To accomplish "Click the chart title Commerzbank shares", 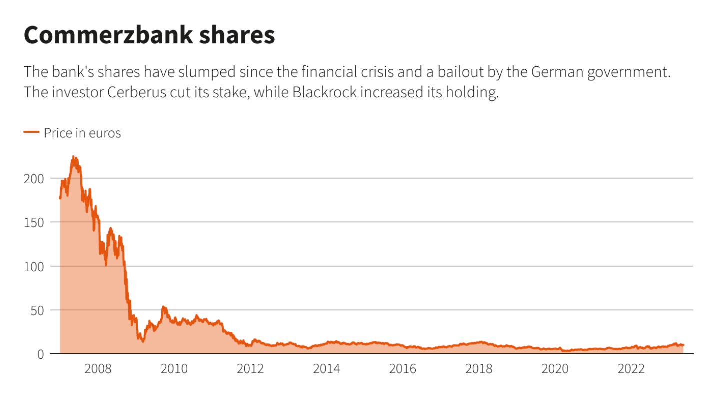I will pyautogui.click(x=149, y=35).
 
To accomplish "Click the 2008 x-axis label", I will pyautogui.click(x=98, y=369).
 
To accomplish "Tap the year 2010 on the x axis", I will pyautogui.click(x=174, y=369).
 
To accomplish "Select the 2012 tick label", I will pyautogui.click(x=250, y=369).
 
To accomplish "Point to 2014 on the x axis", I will pyautogui.click(x=326, y=369).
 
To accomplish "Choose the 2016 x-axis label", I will pyautogui.click(x=403, y=369).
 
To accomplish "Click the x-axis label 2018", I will pyautogui.click(x=479, y=369).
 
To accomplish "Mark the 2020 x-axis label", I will pyautogui.click(x=555, y=369).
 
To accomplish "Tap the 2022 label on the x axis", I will pyautogui.click(x=631, y=369).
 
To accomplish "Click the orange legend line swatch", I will pyautogui.click(x=31, y=132).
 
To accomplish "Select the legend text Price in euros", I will pyautogui.click(x=82, y=133).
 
